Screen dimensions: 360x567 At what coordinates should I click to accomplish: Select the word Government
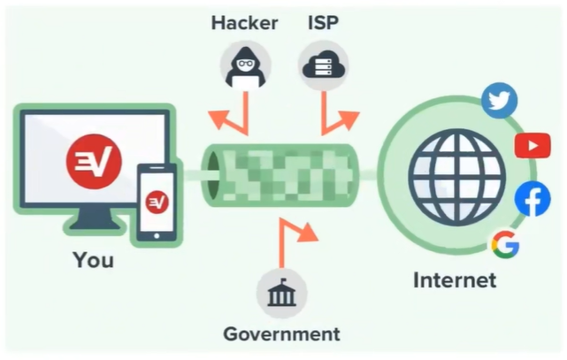point(281,333)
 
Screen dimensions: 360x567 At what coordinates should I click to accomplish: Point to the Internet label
point(455,280)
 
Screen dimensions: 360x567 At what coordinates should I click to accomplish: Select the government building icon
point(281,294)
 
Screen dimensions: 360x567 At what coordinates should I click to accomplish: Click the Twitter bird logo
point(500,101)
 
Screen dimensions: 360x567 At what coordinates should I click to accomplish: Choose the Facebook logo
point(533,198)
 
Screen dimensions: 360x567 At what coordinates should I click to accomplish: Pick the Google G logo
point(504,244)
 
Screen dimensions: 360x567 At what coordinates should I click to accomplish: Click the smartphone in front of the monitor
point(157,202)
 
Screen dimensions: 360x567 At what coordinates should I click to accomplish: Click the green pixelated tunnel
point(281,174)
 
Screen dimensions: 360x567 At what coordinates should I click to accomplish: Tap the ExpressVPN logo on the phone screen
point(157,202)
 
